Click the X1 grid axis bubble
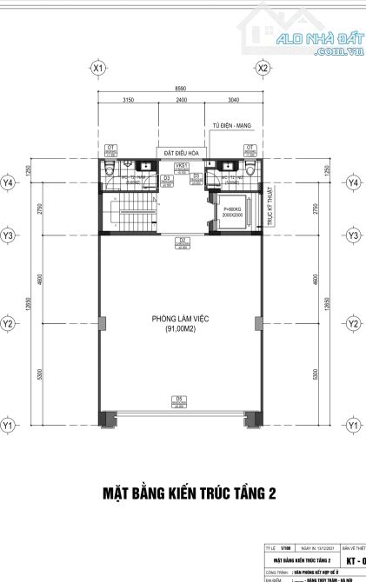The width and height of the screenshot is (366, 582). [98, 67]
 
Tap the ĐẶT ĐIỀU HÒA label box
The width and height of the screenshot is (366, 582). [182, 151]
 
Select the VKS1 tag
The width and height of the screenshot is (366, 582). [182, 164]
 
